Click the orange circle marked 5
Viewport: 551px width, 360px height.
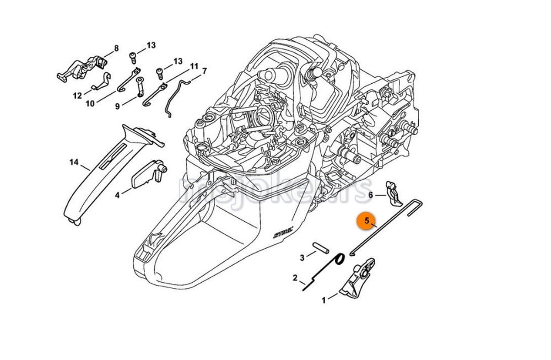click(366, 222)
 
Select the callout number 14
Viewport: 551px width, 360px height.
click(74, 162)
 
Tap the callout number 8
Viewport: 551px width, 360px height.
click(116, 49)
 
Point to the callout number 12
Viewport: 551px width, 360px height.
click(78, 95)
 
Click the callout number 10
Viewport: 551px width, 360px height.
click(90, 103)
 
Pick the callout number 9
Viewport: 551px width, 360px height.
click(117, 106)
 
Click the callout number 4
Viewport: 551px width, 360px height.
click(117, 195)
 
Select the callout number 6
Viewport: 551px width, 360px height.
click(371, 195)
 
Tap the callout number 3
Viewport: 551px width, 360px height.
click(302, 257)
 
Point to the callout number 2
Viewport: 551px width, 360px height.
click(295, 277)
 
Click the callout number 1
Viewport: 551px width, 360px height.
click(324, 300)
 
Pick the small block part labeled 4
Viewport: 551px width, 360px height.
click(146, 175)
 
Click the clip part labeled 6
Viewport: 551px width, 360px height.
click(393, 190)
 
